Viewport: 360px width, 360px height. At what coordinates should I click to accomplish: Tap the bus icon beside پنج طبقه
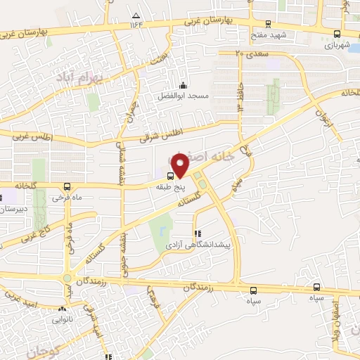(x=171, y=176)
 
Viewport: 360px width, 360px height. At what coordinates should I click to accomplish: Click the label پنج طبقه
(x=171, y=187)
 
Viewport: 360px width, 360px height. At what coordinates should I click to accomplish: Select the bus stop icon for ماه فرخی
(x=67, y=186)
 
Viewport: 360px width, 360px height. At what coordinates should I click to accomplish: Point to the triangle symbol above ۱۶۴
(x=136, y=14)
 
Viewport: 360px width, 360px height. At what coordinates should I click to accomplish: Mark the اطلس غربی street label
(x=28, y=139)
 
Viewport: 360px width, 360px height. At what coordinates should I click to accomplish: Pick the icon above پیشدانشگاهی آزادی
(x=196, y=234)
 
